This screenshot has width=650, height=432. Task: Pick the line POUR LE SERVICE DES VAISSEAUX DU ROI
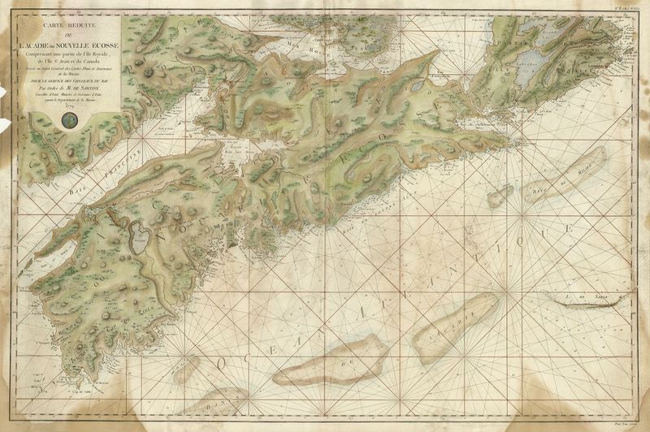(69, 81)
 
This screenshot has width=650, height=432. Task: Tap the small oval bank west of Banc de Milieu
(500, 195)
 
